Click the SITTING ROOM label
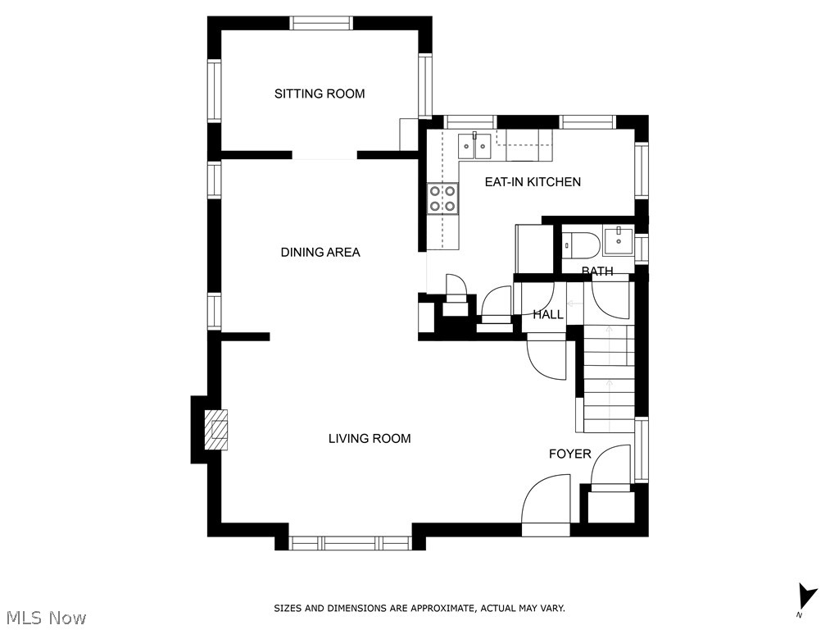[320, 94]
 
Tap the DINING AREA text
[320, 253]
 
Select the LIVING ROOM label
[370, 439]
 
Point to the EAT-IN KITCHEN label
[533, 182]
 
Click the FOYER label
[570, 454]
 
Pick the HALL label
[548, 314]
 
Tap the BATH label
[597, 271]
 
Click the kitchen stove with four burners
[443, 199]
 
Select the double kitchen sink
[474, 146]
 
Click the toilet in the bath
[577, 244]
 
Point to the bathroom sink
[619, 241]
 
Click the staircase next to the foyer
[609, 379]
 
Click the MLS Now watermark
[43, 618]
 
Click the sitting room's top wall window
[321, 23]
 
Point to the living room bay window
[351, 543]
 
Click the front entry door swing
[546, 500]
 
